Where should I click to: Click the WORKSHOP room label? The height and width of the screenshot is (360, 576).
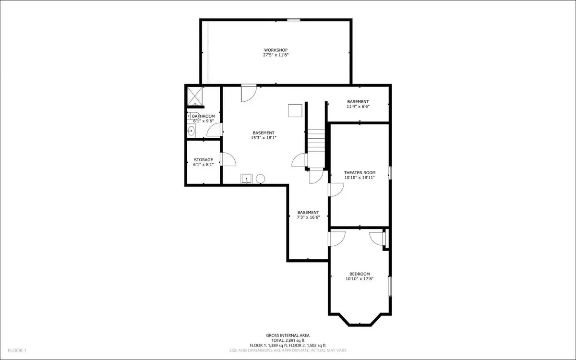(x=276, y=50)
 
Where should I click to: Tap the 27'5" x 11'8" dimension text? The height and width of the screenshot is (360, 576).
(x=276, y=55)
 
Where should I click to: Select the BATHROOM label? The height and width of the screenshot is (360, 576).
(x=204, y=116)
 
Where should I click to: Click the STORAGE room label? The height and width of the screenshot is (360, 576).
(x=204, y=160)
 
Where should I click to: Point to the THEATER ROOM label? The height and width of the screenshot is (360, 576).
(x=360, y=173)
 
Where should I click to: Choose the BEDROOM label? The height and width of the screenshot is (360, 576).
(x=360, y=274)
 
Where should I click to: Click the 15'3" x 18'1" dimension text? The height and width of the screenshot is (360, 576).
(x=264, y=138)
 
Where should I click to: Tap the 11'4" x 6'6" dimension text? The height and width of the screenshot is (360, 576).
(x=358, y=107)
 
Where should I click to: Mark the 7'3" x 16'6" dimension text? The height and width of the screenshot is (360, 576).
(x=308, y=217)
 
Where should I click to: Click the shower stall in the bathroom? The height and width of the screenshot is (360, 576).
(x=195, y=96)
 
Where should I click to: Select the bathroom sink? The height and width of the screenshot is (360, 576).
(x=191, y=131)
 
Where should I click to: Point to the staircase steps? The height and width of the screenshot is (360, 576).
(x=316, y=142)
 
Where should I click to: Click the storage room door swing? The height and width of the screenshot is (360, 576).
(x=228, y=159)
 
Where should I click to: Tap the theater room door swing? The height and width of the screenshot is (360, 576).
(x=336, y=190)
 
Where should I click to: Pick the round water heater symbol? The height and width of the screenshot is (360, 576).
(x=261, y=179)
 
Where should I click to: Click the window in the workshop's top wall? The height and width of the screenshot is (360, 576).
(x=294, y=20)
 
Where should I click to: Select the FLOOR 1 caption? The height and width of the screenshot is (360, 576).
(x=17, y=350)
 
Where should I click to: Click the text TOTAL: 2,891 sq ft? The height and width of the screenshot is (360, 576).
(x=288, y=340)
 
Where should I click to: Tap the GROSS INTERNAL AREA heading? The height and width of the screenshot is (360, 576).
(x=288, y=336)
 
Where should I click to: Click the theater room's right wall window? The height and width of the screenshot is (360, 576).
(x=390, y=173)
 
